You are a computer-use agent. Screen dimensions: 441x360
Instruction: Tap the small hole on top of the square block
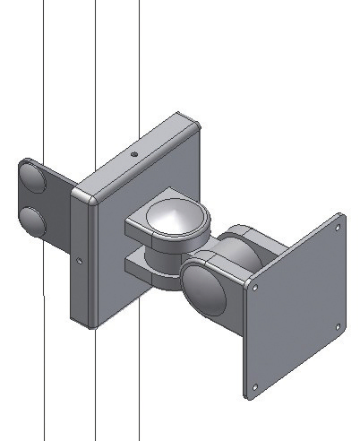tap(133, 153)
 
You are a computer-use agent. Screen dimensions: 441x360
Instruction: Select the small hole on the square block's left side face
tap(81, 262)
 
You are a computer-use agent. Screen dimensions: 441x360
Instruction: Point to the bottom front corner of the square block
tap(91, 324)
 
